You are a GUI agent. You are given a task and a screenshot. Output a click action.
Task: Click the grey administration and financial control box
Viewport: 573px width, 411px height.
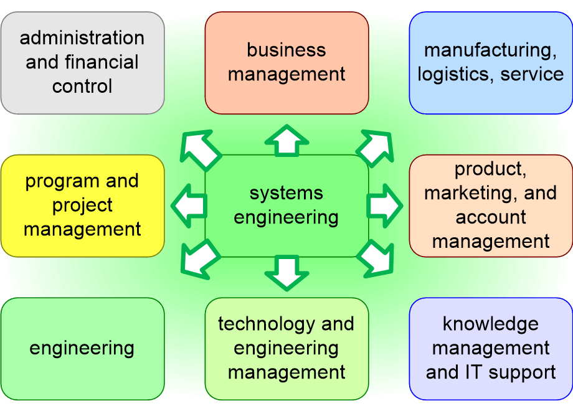click(x=82, y=62)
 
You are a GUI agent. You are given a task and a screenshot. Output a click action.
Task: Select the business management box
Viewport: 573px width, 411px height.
click(x=286, y=62)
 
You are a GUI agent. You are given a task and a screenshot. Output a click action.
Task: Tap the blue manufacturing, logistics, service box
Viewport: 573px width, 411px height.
click(x=491, y=62)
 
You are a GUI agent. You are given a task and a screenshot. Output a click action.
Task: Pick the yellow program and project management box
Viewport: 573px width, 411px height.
click(x=82, y=205)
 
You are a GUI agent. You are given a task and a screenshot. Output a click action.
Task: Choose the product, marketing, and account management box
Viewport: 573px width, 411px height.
click(x=491, y=205)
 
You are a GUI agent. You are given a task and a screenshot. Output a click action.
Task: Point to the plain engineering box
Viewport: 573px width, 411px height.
click(x=82, y=348)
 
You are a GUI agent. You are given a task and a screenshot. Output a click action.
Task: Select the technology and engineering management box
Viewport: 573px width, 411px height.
click(x=286, y=348)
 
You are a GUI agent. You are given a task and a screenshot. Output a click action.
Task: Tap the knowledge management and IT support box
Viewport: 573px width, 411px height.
click(x=491, y=348)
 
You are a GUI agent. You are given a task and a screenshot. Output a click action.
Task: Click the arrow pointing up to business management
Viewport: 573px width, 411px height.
click(x=286, y=139)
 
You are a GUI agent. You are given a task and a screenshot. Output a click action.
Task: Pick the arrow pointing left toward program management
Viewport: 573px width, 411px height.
click(x=189, y=205)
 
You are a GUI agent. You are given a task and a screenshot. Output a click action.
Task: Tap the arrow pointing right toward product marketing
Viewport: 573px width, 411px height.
click(x=384, y=205)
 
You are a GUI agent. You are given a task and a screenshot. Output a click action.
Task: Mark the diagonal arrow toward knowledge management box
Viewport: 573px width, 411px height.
click(x=376, y=258)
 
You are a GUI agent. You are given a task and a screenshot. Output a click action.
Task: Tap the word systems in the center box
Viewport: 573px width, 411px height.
click(x=286, y=193)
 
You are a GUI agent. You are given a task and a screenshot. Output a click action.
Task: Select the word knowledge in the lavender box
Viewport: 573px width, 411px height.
click(x=491, y=324)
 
